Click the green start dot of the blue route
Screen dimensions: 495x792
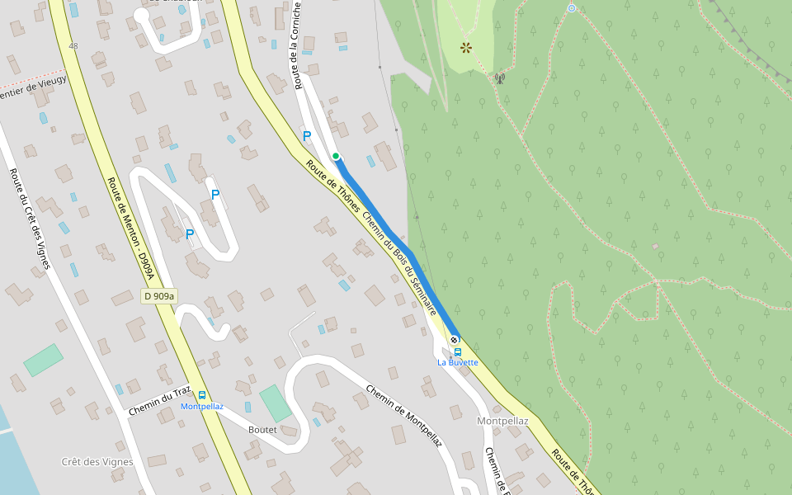click(336, 156)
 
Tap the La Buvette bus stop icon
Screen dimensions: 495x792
click(458, 351)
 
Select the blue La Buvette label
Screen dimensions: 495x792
click(458, 362)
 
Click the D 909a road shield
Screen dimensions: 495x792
click(159, 296)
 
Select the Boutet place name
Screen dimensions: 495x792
click(262, 430)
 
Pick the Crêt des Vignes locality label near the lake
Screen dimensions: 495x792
click(97, 462)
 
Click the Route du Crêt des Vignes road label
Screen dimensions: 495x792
click(30, 219)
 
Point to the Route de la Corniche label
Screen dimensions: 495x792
click(296, 45)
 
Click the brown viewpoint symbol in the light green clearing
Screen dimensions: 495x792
click(466, 48)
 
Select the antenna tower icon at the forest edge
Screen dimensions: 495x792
click(499, 79)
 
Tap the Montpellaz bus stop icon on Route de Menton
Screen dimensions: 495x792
click(202, 395)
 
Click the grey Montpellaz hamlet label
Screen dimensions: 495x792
click(502, 421)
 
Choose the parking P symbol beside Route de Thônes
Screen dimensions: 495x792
click(307, 136)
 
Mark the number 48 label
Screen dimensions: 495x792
click(74, 46)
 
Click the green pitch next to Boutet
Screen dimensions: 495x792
click(276, 403)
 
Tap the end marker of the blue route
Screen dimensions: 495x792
click(455, 340)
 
